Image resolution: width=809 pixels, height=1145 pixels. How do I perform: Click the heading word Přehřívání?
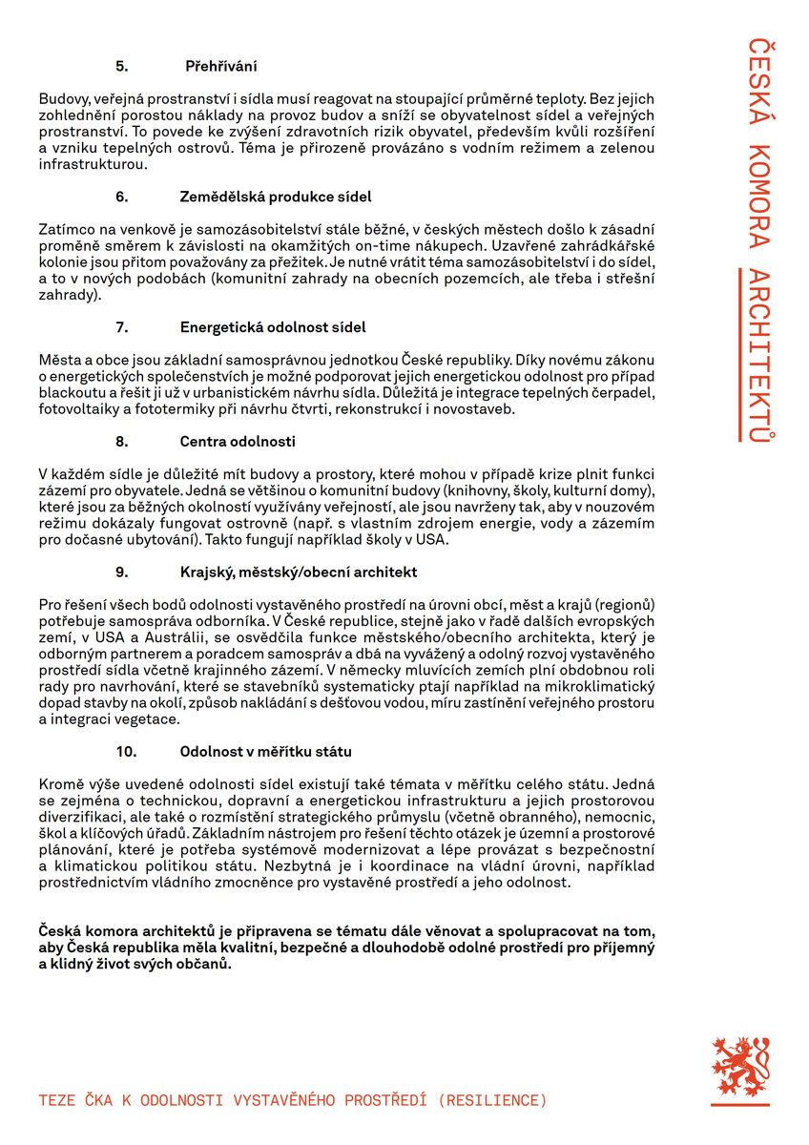click(220, 67)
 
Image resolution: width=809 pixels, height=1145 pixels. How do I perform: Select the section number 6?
click(121, 197)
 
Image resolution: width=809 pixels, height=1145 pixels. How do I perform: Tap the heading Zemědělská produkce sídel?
click(276, 197)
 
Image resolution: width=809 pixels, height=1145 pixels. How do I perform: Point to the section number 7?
click(121, 327)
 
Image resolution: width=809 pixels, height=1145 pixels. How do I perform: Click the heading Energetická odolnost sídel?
click(273, 327)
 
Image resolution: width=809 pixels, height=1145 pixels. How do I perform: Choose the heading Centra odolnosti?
click(238, 442)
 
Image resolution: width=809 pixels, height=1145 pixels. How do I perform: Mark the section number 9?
click(121, 572)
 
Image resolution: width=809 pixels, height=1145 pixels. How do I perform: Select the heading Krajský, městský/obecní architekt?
click(299, 572)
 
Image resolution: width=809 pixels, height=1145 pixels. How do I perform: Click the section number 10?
click(125, 752)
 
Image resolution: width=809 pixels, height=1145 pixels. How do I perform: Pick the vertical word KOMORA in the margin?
click(757, 197)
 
